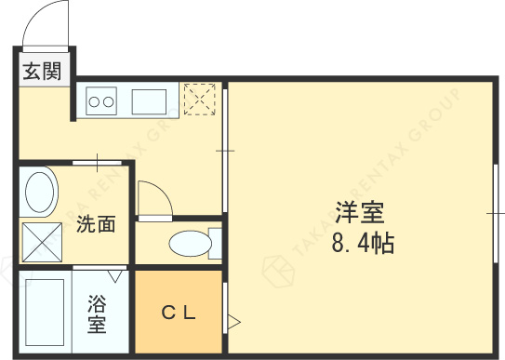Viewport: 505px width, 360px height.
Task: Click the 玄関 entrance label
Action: click(x=43, y=71)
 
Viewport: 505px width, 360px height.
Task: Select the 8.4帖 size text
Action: click(x=361, y=244)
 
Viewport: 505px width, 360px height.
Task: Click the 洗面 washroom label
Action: click(x=96, y=224)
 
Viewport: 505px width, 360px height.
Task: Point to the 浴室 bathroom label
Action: click(x=96, y=313)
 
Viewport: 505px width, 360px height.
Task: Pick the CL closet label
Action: click(x=179, y=313)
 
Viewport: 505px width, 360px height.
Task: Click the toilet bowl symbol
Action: click(x=190, y=244)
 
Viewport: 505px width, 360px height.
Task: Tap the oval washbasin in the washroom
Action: click(x=40, y=193)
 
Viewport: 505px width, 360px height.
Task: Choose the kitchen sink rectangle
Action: click(x=148, y=100)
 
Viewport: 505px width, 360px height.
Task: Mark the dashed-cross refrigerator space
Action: click(x=199, y=100)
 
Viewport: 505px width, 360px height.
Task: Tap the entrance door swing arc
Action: click(x=47, y=23)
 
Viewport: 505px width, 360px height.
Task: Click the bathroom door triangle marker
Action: click(x=116, y=276)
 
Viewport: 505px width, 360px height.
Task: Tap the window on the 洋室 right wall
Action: click(x=494, y=214)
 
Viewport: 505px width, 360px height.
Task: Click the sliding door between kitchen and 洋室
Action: click(x=224, y=149)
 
